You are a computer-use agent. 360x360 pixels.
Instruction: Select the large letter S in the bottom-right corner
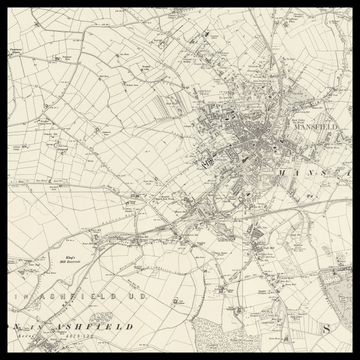point(325,327)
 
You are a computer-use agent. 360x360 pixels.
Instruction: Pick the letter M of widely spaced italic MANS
point(283,172)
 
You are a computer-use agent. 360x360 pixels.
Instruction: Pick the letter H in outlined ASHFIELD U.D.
point(65,297)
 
